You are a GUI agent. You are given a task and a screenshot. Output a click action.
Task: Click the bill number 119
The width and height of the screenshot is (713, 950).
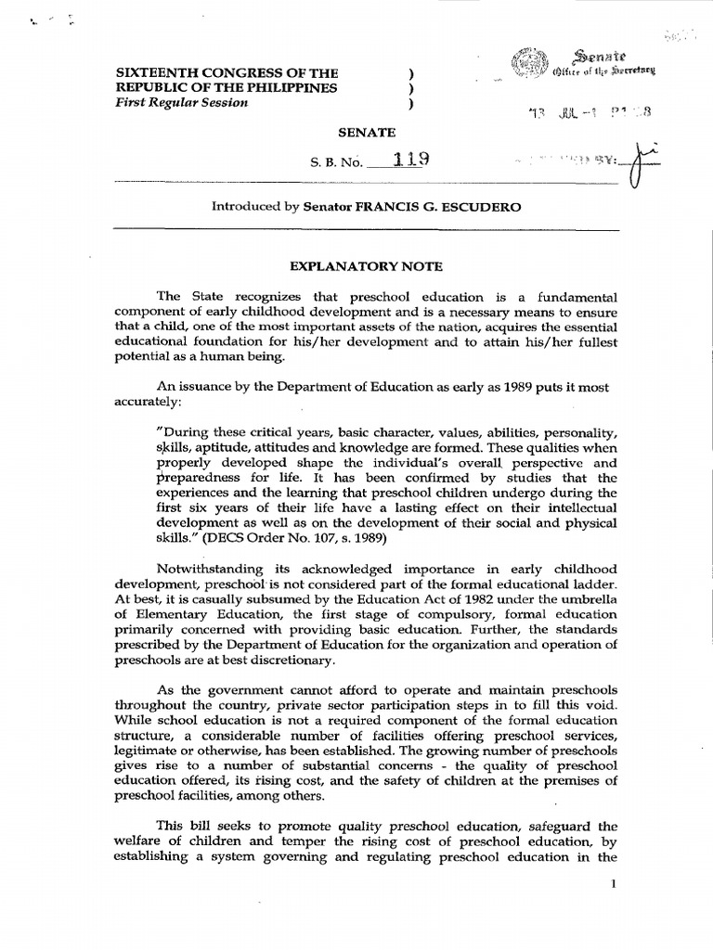point(410,159)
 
